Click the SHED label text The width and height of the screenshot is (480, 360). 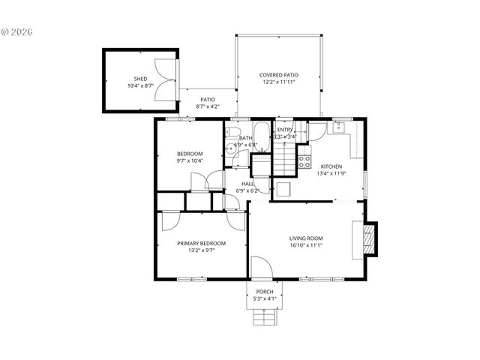(140, 79)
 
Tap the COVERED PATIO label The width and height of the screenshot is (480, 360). (279, 75)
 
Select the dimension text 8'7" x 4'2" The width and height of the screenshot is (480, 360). (207, 106)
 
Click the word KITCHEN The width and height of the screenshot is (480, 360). (331, 166)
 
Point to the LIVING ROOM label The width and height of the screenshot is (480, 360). (306, 239)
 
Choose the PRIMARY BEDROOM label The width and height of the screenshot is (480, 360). (201, 243)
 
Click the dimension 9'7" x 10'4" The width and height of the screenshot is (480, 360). (190, 160)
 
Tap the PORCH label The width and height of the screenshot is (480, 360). (264, 292)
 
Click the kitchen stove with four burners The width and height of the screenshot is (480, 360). (305, 160)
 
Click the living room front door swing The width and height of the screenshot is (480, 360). (259, 267)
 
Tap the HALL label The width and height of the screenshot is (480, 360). (247, 184)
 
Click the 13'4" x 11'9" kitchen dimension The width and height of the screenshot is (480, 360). (331, 174)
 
